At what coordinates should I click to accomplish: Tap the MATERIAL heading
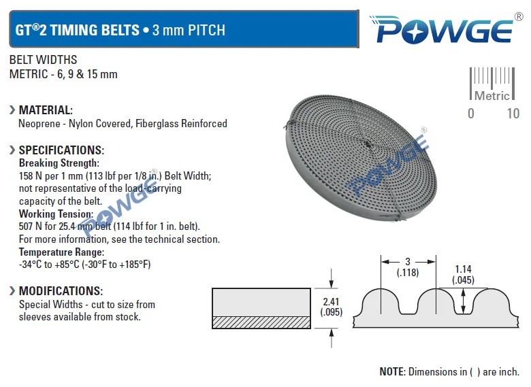[x=46, y=110]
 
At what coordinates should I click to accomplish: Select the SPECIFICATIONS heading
[x=61, y=150]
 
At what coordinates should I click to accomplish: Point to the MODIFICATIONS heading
[x=61, y=291]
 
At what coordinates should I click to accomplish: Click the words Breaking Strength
[x=59, y=163]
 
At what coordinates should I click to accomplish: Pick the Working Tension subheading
[x=56, y=214]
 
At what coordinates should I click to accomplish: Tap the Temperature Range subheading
[x=61, y=252]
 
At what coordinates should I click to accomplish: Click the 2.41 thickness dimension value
[x=331, y=301]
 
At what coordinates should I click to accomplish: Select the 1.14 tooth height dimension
[x=464, y=269]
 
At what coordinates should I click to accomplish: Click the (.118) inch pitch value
[x=408, y=273]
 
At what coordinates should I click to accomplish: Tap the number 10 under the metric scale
[x=513, y=114]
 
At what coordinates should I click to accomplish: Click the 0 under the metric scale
[x=471, y=114]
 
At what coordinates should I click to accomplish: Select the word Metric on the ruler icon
[x=492, y=96]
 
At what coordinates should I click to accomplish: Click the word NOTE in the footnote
[x=392, y=372]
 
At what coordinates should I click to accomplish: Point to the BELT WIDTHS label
[x=43, y=61]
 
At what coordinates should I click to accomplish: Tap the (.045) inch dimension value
[x=464, y=280]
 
